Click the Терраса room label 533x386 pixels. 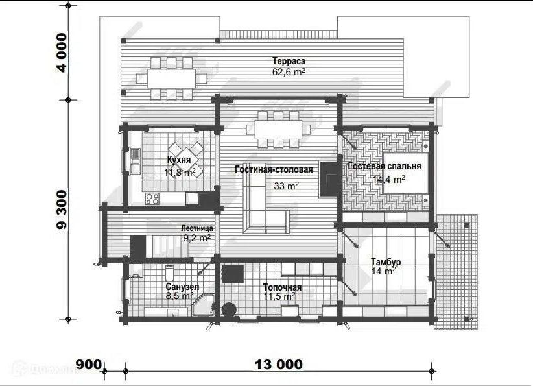pyautogui.click(x=289, y=61)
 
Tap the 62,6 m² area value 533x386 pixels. pyautogui.click(x=289, y=72)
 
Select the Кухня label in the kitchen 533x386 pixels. pyautogui.click(x=179, y=160)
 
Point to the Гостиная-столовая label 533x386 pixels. pyautogui.click(x=274, y=169)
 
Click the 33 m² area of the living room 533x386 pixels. pyautogui.click(x=286, y=186)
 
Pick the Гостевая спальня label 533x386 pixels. pyautogui.click(x=385, y=166)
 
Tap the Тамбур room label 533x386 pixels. pyautogui.click(x=386, y=262)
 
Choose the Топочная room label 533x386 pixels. pyautogui.click(x=282, y=287)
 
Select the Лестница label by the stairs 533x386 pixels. pyautogui.click(x=197, y=228)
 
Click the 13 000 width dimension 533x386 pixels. pyautogui.click(x=278, y=365)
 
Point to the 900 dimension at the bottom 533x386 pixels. pyautogui.click(x=88, y=365)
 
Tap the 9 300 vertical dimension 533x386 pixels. pyautogui.click(x=62, y=210)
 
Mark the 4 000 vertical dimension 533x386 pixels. pyautogui.click(x=62, y=53)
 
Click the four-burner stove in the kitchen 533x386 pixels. pyautogui.click(x=152, y=199)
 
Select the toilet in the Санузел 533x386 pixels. pyautogui.click(x=169, y=273)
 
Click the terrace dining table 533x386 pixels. pyautogui.click(x=171, y=78)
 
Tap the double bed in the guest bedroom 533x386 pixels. pyautogui.click(x=405, y=173)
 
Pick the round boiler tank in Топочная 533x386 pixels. pyautogui.click(x=229, y=309)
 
